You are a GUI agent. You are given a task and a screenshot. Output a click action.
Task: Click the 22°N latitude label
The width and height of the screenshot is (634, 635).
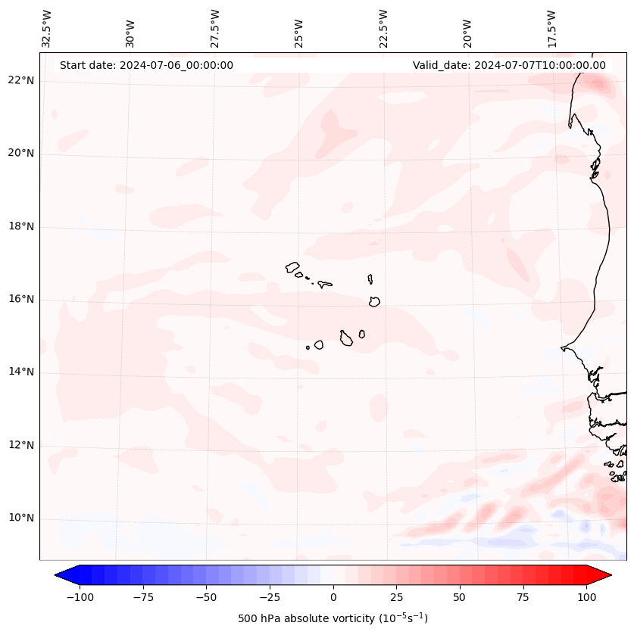(x=21, y=81)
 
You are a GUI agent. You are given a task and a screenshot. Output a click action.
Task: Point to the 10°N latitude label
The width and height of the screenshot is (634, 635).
(x=21, y=518)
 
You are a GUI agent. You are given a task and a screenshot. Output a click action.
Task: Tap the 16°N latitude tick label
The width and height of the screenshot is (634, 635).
(x=21, y=300)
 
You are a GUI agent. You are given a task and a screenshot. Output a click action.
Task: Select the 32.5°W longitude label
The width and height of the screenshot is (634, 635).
(x=47, y=29)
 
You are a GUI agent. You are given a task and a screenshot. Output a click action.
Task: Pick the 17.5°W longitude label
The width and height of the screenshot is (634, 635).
(x=552, y=29)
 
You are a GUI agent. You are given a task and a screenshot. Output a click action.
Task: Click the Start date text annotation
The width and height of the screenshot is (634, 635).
(x=146, y=65)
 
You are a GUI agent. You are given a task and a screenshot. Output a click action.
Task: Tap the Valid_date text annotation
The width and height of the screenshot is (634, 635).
(x=509, y=65)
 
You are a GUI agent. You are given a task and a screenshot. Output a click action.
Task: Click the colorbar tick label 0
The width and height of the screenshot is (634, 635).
(x=333, y=597)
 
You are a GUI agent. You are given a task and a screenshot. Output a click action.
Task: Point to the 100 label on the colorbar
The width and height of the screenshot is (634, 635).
(x=586, y=597)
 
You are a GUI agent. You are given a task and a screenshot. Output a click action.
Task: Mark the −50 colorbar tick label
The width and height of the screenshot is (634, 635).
(x=205, y=597)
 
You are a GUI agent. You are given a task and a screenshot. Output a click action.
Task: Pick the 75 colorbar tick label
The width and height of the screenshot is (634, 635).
(x=523, y=597)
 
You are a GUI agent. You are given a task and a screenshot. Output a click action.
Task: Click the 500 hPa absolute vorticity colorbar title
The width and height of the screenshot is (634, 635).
(x=333, y=618)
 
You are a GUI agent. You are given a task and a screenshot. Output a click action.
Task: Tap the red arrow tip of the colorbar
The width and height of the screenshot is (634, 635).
(x=603, y=575)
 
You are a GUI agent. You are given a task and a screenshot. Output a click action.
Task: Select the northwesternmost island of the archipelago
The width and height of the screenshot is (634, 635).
(x=292, y=266)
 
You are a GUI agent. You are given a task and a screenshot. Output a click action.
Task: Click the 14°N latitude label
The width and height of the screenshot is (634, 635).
(x=21, y=372)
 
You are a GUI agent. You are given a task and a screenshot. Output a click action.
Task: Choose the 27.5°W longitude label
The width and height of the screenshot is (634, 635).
(x=215, y=29)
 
